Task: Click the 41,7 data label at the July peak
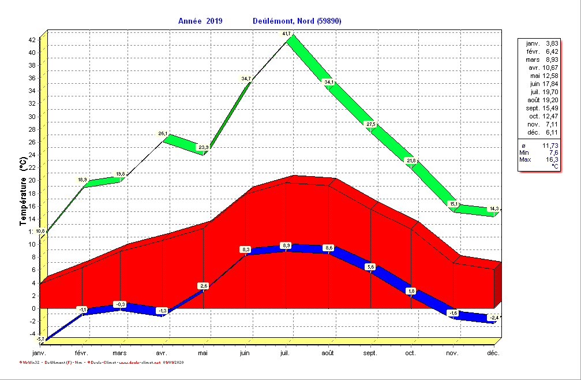click(286, 34)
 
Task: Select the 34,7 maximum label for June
click(246, 79)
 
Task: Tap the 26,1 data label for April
click(163, 134)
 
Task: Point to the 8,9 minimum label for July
click(286, 246)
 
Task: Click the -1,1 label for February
click(83, 310)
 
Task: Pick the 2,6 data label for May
click(203, 286)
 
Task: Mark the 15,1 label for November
click(453, 204)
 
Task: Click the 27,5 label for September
click(370, 125)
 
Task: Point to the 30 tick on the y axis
click(32, 117)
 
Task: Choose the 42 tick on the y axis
click(32, 40)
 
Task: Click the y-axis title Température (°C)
click(23, 192)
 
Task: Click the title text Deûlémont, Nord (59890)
click(297, 21)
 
